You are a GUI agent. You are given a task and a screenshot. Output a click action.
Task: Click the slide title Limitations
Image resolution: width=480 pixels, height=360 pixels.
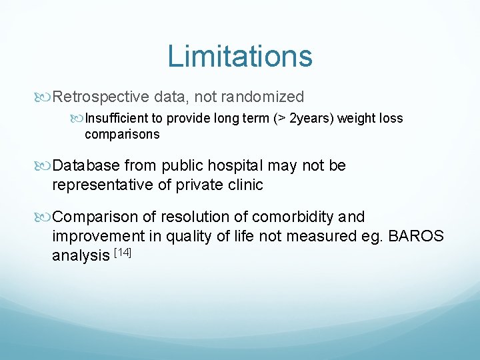pyautogui.click(x=240, y=56)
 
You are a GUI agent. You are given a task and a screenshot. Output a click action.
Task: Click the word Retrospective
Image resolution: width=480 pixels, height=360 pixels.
pyautogui.click(x=101, y=97)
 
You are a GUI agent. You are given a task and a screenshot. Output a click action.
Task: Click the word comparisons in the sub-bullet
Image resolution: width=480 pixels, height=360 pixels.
pyautogui.click(x=122, y=134)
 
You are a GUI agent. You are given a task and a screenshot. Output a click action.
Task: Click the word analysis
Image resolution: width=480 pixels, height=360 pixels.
pyautogui.click(x=80, y=255)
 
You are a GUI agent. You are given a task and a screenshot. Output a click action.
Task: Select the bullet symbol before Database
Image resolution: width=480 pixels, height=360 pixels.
pyautogui.click(x=45, y=166)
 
